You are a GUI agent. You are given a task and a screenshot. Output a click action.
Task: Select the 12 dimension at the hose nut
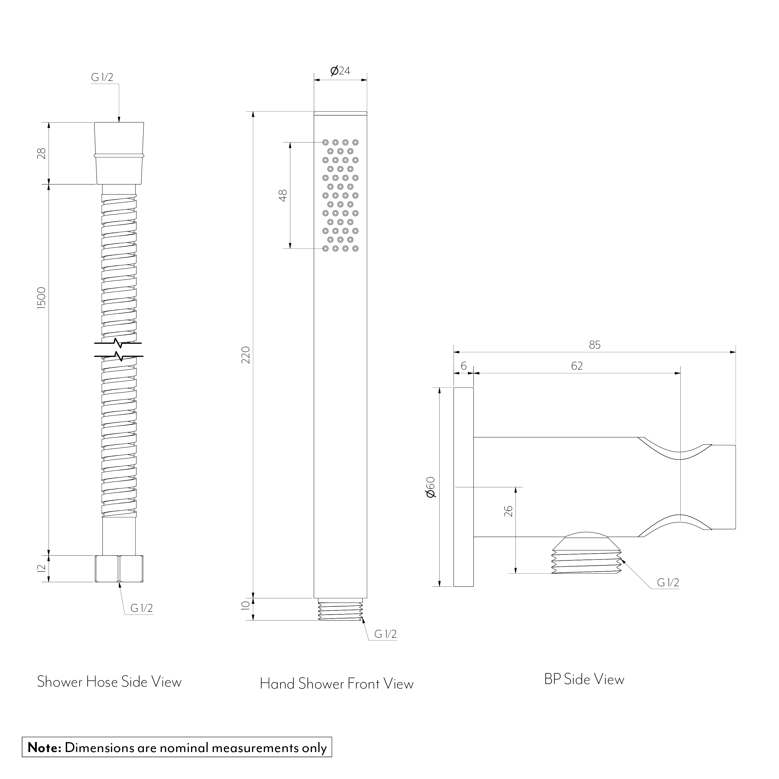[42, 569]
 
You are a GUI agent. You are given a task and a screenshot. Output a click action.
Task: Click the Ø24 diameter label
[340, 71]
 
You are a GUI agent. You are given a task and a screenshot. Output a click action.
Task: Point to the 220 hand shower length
[246, 355]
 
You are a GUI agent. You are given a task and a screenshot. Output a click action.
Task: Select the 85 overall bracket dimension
[594, 345]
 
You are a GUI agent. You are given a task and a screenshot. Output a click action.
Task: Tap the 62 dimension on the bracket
[577, 366]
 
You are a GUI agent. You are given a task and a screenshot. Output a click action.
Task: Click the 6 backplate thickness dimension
[463, 366]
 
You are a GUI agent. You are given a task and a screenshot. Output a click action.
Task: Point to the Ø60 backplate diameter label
[431, 487]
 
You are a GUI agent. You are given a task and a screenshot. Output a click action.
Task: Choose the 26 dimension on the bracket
[508, 511]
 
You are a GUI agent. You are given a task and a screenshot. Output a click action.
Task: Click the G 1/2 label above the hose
[102, 77]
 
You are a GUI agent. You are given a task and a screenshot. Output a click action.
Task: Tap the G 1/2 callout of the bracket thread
[668, 582]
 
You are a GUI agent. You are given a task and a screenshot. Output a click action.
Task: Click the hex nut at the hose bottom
[119, 569]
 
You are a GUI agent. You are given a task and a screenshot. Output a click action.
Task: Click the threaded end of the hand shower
[340, 611]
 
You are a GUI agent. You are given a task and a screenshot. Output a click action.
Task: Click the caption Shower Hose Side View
[109, 681]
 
